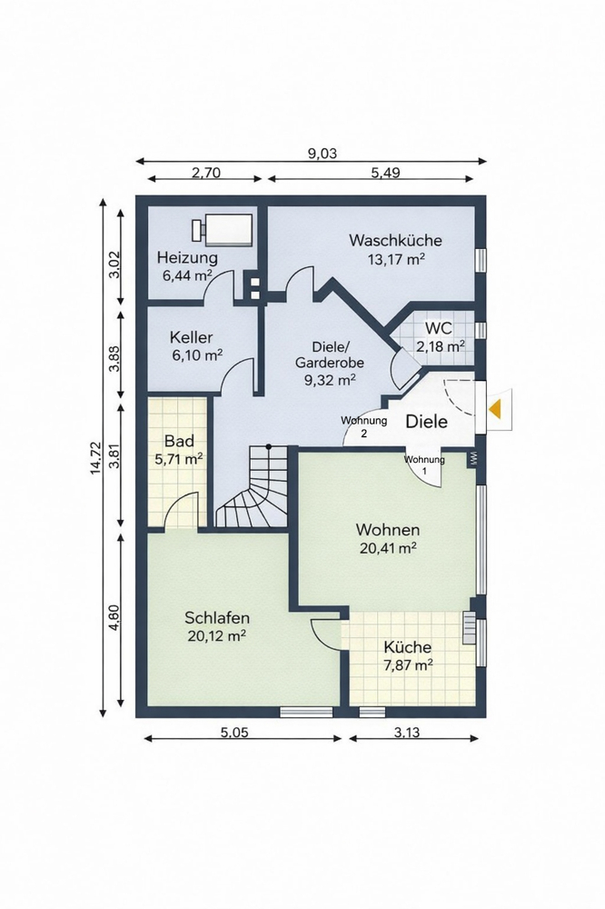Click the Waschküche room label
(x=396, y=240)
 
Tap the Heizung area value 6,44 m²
(x=186, y=275)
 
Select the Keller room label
(x=192, y=337)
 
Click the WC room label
(x=438, y=328)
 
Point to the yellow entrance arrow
(x=494, y=409)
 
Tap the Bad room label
(x=179, y=441)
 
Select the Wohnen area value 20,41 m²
(x=388, y=548)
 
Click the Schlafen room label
(x=217, y=617)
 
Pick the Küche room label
(x=407, y=647)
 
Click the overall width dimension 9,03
(x=322, y=154)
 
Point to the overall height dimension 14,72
(x=96, y=458)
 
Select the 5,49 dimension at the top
(x=385, y=173)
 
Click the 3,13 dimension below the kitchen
(x=407, y=733)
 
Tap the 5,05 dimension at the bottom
(x=234, y=733)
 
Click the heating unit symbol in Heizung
(x=223, y=229)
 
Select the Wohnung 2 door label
(x=364, y=426)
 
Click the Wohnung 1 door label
(x=424, y=464)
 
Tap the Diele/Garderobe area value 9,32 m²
(x=330, y=380)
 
